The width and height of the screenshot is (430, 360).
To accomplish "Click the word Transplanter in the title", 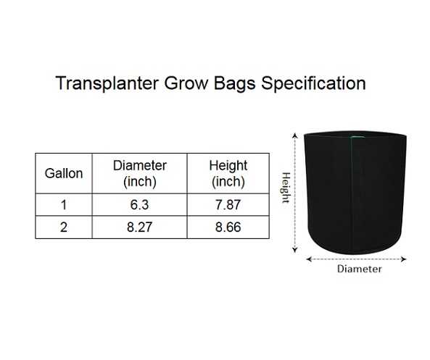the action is point(107,83).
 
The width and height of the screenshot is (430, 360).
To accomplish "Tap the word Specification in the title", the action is point(313,83).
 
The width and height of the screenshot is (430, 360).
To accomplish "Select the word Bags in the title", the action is point(234,83).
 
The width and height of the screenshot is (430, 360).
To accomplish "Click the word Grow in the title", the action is point(186,83).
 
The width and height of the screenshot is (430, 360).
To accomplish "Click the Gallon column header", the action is point(64,173).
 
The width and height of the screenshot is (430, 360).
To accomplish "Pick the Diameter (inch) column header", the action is point(139,173).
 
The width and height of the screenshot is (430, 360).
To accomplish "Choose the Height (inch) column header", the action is point(228,173).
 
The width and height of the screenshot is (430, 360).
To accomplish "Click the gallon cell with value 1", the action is point(64,205).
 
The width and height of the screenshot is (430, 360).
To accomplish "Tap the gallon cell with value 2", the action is point(64,227).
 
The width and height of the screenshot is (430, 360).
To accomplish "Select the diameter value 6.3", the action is point(139,205).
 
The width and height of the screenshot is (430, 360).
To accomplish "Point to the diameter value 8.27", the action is point(139,227).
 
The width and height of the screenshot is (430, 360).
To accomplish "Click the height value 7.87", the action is point(228,205).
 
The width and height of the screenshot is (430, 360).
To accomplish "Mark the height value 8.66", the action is point(228,227).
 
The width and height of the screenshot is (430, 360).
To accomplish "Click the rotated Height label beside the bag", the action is point(286,188).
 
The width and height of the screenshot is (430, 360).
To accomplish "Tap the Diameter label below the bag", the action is point(359,269).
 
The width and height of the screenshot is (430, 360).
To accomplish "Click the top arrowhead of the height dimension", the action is point(295,135).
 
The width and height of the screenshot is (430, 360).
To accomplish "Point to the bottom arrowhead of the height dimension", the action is point(295,250).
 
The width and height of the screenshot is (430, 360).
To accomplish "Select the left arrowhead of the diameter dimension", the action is point(309,259).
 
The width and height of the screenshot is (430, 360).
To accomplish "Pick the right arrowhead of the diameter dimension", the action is point(403,259).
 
